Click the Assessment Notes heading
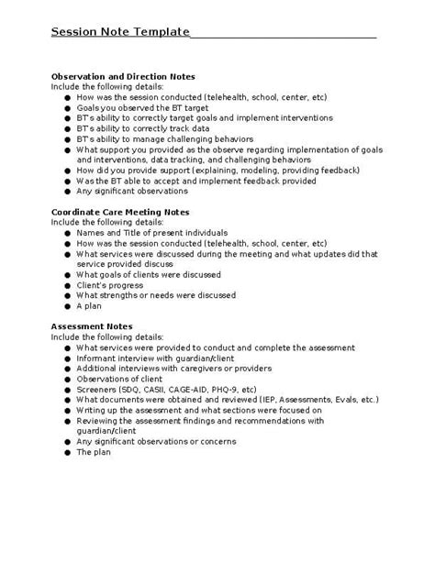click(x=92, y=326)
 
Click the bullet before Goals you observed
click(x=67, y=107)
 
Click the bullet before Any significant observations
click(x=67, y=191)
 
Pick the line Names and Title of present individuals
click(x=151, y=233)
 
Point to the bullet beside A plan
click(x=67, y=306)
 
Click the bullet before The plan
click(x=67, y=452)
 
